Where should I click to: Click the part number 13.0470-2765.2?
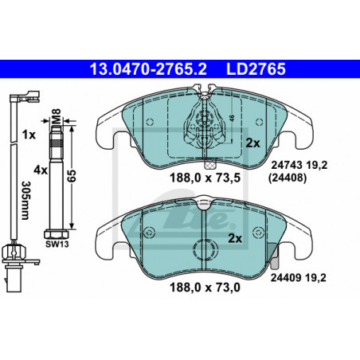point(148,69)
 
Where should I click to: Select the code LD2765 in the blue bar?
point(256,69)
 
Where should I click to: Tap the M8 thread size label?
point(57,115)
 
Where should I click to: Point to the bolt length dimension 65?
point(72,176)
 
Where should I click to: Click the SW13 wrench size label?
point(57,244)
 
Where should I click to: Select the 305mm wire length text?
point(25,201)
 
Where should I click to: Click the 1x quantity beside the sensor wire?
point(29,135)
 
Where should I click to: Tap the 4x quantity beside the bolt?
point(41,170)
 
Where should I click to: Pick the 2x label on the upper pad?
point(252,143)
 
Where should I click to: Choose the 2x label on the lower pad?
point(235,239)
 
